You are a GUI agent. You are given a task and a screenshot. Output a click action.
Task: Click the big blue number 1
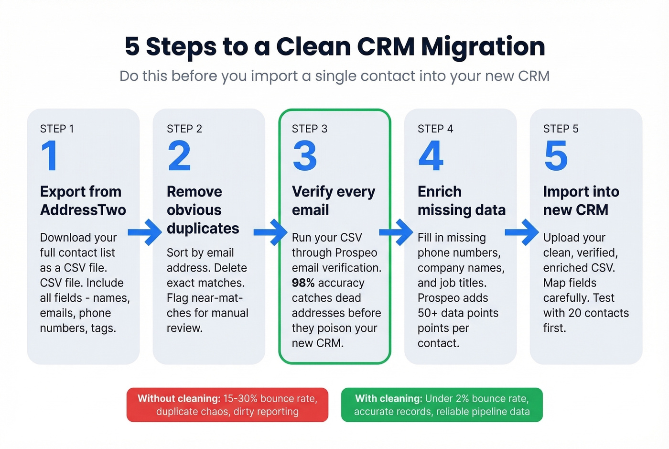pos(50,155)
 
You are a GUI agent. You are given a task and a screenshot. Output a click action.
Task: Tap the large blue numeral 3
pos(305,155)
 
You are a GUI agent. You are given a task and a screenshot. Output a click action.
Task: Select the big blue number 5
pos(556,155)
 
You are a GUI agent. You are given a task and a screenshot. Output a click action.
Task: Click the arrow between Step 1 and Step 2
pos(145,232)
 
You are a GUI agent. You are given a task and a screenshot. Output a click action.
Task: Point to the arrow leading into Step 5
pos(522,232)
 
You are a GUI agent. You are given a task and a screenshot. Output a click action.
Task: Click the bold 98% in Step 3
pos(303,283)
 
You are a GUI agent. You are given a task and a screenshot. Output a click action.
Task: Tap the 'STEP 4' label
pos(435,129)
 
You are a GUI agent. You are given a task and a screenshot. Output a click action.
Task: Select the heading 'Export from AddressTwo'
pos(83,201)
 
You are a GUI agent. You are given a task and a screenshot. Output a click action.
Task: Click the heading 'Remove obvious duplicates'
pos(203,210)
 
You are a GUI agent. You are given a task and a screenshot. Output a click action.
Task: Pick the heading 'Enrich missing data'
pos(461,201)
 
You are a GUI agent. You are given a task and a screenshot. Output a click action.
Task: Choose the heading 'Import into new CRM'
pos(581,201)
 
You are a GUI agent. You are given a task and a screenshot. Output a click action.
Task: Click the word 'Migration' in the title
pos(483,47)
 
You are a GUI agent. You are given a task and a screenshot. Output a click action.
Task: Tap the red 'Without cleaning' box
pos(227,405)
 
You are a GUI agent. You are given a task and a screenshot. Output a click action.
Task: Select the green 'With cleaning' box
pos(442,405)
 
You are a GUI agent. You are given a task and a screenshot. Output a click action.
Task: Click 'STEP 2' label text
pos(184,129)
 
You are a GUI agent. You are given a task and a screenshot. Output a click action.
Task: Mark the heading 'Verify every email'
pos(333,201)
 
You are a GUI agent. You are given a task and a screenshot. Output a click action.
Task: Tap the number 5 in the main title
pos(132,47)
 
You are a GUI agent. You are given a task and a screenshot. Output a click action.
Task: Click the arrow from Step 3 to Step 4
pos(396,232)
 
